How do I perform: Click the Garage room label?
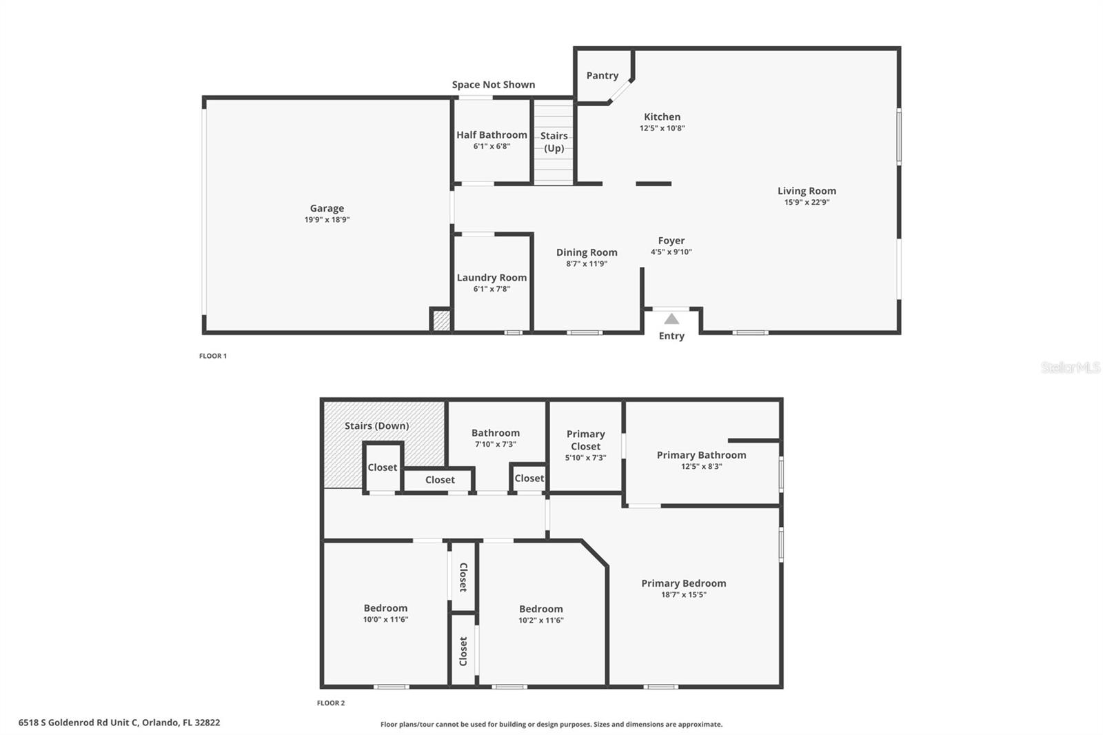(x=327, y=208)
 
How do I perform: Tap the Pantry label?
(x=603, y=76)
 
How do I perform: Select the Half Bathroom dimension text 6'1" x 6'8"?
(x=492, y=146)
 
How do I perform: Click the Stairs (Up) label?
(x=554, y=142)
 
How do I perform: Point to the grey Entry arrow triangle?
(x=671, y=319)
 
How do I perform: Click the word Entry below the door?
(x=671, y=336)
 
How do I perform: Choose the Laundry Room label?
(x=492, y=278)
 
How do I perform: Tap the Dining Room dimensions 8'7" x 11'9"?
(x=587, y=264)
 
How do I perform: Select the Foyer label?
(x=671, y=241)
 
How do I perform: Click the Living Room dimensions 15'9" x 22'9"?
(x=807, y=203)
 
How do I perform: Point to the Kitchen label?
(x=662, y=117)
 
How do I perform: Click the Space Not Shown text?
(x=494, y=85)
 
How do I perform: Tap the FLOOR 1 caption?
(x=213, y=356)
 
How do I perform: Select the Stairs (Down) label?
(x=376, y=426)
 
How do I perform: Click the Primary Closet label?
(x=585, y=440)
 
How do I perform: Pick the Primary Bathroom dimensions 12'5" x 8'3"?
(x=701, y=467)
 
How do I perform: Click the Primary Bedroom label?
(x=684, y=583)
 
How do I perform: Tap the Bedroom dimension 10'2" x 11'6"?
(x=541, y=621)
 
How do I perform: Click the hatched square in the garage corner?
(x=441, y=321)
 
